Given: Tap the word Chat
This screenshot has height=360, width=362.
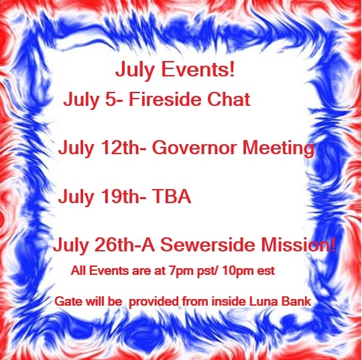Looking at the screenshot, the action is point(229,99).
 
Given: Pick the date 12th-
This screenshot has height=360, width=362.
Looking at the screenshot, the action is point(123,147).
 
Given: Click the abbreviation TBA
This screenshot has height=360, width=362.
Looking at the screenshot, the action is point(172,196).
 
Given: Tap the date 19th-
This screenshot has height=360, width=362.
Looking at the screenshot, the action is point(123,196).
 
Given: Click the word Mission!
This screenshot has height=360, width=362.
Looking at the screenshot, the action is point(298,245).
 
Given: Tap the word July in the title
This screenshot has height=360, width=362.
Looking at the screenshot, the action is point(135,70).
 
